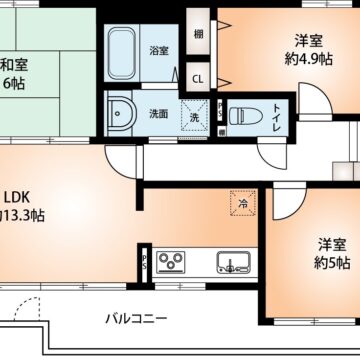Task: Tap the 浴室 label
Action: click(x=159, y=49)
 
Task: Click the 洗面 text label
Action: click(x=159, y=113)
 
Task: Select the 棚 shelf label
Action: click(x=199, y=34)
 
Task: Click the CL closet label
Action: click(x=198, y=77)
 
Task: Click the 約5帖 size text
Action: click(x=332, y=263)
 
